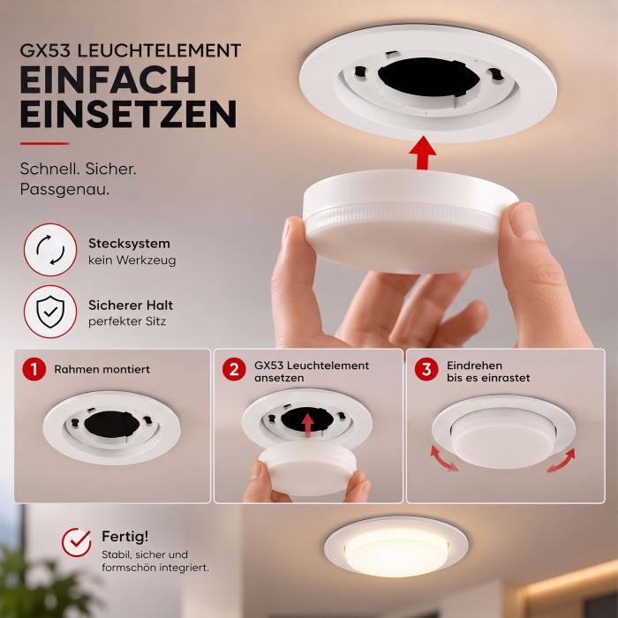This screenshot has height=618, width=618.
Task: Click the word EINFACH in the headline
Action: (108, 79)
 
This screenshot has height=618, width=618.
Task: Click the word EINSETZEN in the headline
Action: (129, 114)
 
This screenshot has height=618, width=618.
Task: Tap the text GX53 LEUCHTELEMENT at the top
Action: (131, 50)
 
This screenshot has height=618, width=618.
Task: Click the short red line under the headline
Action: (44, 143)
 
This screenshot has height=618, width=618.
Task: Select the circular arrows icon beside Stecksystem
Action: (50, 250)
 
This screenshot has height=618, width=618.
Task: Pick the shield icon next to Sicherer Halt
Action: (50, 312)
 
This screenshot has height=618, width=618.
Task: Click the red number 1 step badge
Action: (34, 369)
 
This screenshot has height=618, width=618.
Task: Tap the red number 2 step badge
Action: (234, 369)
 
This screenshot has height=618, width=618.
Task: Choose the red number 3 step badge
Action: (426, 369)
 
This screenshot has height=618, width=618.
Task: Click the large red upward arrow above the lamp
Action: (423, 153)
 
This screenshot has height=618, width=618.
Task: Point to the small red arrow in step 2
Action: (307, 426)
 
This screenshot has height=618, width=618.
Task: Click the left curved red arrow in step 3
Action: (442, 458)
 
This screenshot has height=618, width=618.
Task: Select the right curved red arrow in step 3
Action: (562, 460)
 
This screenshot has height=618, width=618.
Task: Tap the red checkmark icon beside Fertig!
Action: (77, 542)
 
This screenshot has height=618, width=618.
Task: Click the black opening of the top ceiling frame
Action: (429, 78)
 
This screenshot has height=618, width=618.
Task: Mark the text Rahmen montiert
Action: (102, 369)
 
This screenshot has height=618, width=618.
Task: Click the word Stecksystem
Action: (129, 244)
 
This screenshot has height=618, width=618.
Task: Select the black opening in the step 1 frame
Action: (112, 424)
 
